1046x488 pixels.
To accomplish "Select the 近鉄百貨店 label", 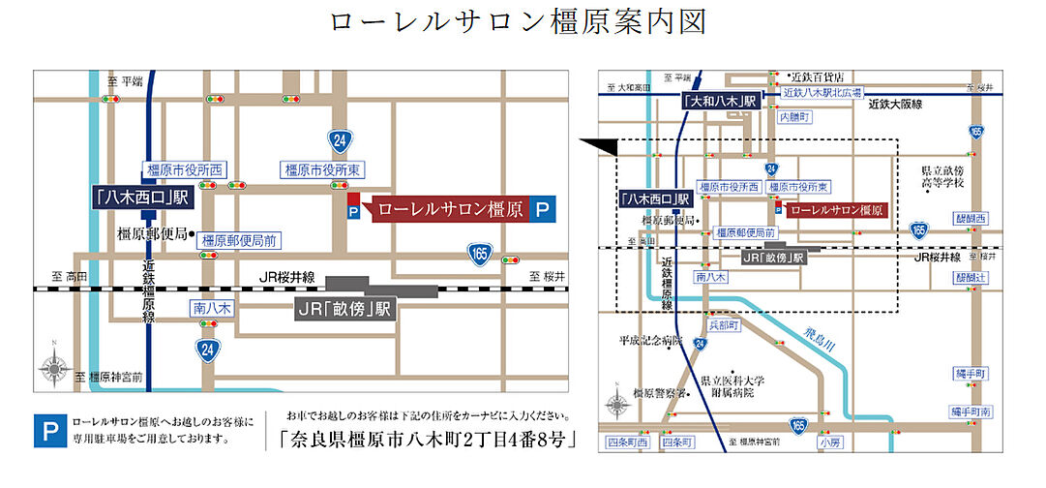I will pyautogui.click(x=818, y=76).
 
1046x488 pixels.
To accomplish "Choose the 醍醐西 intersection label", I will pyautogui.click(x=971, y=219).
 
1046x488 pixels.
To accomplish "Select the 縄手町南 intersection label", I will pyautogui.click(x=969, y=412).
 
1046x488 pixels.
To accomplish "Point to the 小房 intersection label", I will pyautogui.click(x=830, y=442).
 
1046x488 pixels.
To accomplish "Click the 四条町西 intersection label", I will pyautogui.click(x=626, y=442).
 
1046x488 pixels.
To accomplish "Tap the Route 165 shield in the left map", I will pyautogui.click(x=480, y=253).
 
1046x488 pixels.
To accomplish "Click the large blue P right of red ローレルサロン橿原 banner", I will pyautogui.click(x=544, y=208).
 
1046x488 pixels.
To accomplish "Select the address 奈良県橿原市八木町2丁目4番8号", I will pyautogui.click(x=426, y=437).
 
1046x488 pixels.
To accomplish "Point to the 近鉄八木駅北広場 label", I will pyautogui.click(x=820, y=92).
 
